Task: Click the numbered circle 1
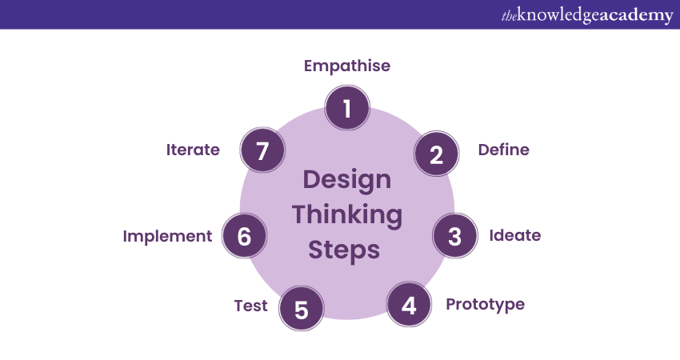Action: pos(347,108)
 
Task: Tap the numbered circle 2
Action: pos(436,154)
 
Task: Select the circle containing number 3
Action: pos(454,236)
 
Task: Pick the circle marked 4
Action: pos(409,305)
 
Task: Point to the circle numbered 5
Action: pos(302,309)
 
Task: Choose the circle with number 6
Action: pos(245,236)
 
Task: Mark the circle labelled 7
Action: pos(263,150)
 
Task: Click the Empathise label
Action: pos(347,66)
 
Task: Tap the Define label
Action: pos(503,150)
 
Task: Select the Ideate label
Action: pos(515,235)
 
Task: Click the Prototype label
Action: pos(485,304)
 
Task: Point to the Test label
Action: pos(250,306)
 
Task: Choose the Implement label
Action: pos(167,236)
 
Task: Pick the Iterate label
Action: pos(193,150)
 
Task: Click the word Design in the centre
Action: pos(347,179)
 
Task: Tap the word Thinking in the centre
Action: pos(347,214)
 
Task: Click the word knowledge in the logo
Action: pos(559,15)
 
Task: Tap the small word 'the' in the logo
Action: pos(510,16)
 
